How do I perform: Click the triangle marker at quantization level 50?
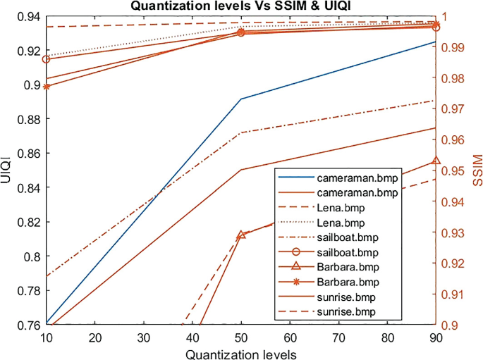[x=241, y=235]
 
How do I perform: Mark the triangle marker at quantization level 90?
[x=436, y=161]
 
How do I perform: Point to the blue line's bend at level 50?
[x=241, y=99]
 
